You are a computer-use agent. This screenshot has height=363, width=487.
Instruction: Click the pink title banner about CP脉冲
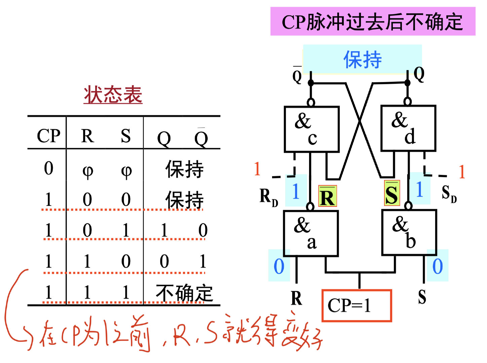pyautogui.click(x=373, y=22)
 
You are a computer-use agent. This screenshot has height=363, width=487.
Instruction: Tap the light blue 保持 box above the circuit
pyautogui.click(x=362, y=59)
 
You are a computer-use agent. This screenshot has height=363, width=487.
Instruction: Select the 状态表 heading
pyautogui.click(x=113, y=94)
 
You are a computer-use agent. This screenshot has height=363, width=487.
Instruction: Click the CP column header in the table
pyautogui.click(x=48, y=136)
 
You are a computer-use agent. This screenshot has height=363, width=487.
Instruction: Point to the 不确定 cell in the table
pyautogui.click(x=184, y=293)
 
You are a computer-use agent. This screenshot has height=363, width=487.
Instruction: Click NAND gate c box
pyautogui.click(x=311, y=129)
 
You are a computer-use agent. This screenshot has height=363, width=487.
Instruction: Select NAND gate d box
pyautogui.click(x=408, y=128)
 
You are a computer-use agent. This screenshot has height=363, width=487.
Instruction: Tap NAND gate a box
pyautogui.click(x=311, y=233)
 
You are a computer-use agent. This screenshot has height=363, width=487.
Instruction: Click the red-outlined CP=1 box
pyautogui.click(x=357, y=306)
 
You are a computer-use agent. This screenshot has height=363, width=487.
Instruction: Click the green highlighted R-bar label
pyautogui.click(x=327, y=196)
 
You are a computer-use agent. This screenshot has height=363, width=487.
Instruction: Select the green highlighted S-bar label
pyautogui.click(x=392, y=193)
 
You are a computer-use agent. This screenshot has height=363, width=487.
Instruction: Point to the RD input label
pyautogui.click(x=268, y=197)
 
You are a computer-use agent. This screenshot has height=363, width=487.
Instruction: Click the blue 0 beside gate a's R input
pyautogui.click(x=279, y=266)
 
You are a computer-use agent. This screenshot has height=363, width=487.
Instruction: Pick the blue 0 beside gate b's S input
pyautogui.click(x=437, y=266)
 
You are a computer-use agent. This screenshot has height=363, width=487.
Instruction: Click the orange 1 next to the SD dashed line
pyautogui.click(x=462, y=172)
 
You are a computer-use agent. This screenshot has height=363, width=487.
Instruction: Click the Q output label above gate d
pyautogui.click(x=419, y=74)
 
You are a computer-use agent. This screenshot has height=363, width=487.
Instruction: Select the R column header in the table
pyautogui.click(x=87, y=136)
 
